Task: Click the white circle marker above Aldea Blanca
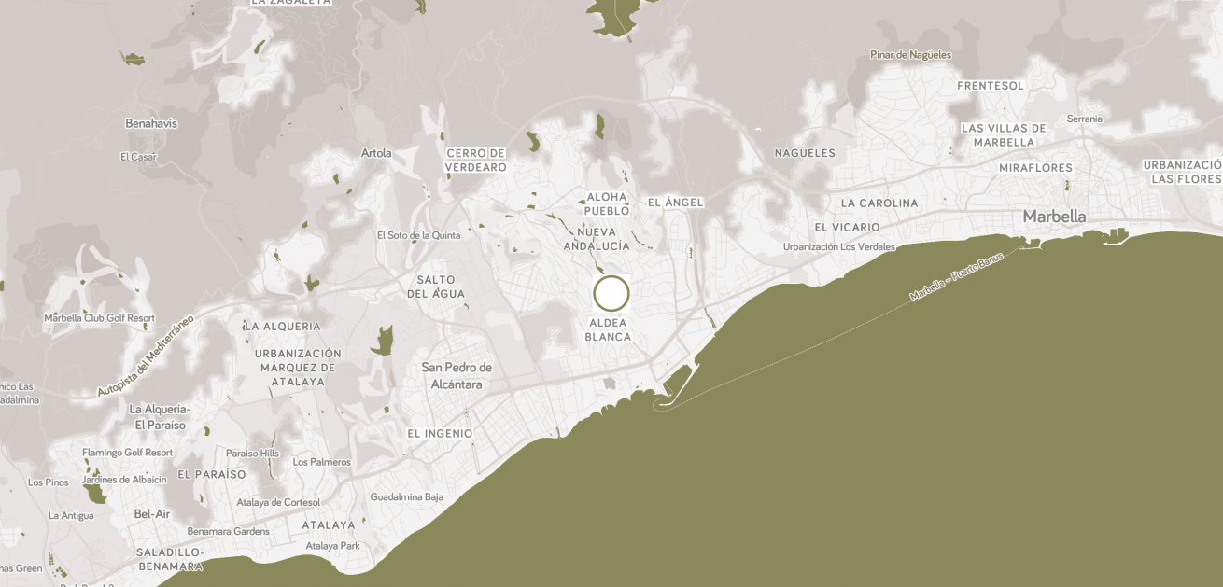(611, 293)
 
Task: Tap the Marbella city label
(1054, 217)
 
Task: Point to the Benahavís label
(151, 123)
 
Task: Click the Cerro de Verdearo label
(476, 161)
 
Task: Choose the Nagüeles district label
(805, 153)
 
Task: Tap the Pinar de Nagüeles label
(910, 55)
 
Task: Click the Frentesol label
(990, 86)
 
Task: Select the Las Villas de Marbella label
(1004, 135)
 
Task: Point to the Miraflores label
(1035, 168)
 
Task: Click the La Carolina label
(879, 203)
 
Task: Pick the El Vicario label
(847, 228)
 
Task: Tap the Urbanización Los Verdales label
(838, 247)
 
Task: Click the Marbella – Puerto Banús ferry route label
(956, 276)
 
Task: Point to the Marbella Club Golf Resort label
(99, 318)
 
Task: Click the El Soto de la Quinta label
(418, 235)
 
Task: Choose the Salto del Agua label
(436, 287)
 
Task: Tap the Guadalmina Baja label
(406, 496)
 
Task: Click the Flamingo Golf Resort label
(127, 453)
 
